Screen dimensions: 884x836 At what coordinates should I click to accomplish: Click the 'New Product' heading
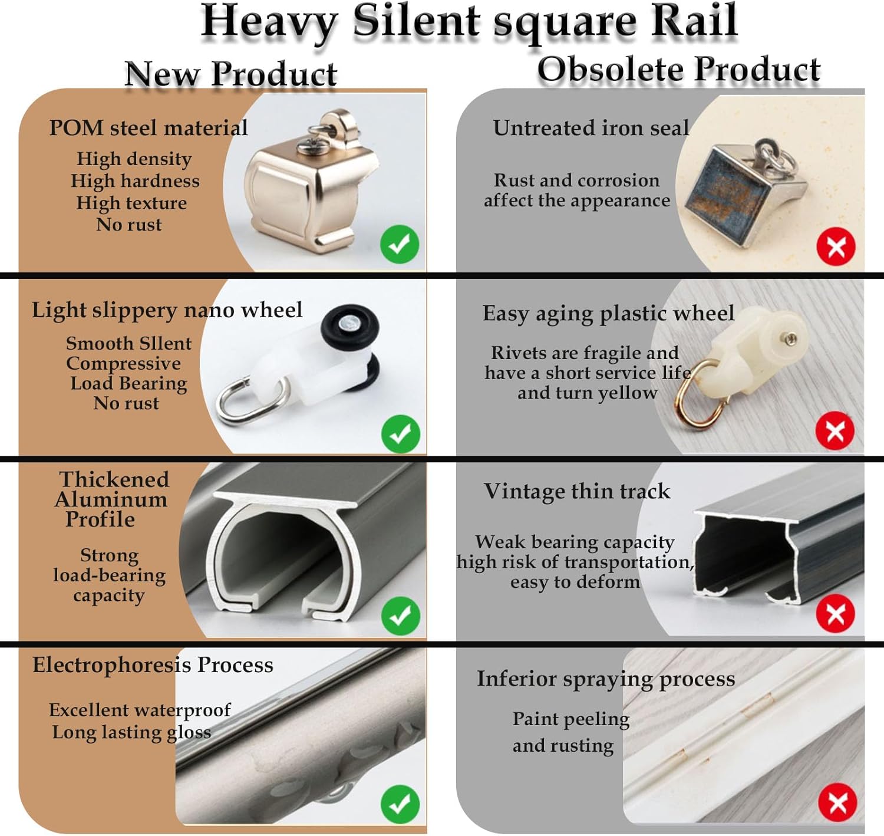tap(230, 75)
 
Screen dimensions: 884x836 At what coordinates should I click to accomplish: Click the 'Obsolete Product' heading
tap(678, 70)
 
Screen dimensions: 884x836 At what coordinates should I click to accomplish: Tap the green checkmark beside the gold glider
tap(400, 244)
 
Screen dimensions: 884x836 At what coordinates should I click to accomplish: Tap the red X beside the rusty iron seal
tap(836, 246)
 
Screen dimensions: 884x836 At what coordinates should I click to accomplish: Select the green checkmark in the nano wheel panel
tap(400, 434)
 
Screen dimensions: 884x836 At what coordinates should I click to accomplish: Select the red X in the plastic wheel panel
tap(834, 431)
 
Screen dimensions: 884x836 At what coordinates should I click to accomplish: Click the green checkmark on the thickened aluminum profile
tap(400, 616)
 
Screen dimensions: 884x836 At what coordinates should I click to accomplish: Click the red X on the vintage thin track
tap(835, 614)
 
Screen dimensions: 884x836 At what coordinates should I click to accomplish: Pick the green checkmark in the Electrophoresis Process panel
tap(400, 804)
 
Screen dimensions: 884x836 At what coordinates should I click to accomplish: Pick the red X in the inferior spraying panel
tap(837, 802)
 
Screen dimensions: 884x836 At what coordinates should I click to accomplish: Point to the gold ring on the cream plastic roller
tap(699, 392)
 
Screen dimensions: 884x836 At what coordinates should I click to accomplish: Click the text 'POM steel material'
tap(148, 128)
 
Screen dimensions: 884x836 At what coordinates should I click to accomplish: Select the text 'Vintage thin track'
tap(577, 491)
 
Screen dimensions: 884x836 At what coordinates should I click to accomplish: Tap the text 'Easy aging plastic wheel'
tap(608, 313)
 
